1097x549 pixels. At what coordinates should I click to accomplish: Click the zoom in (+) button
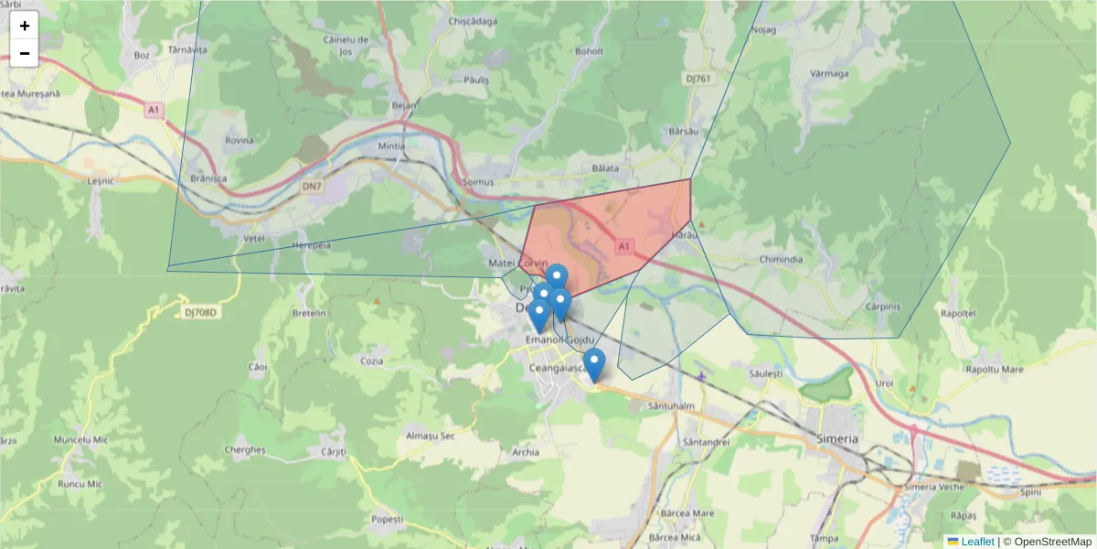click(25, 26)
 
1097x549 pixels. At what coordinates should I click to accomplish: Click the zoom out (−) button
click(25, 53)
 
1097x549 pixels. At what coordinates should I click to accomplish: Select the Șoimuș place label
click(478, 182)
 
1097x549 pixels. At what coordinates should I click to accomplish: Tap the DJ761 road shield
click(698, 79)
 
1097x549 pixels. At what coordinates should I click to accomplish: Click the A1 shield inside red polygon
click(623, 246)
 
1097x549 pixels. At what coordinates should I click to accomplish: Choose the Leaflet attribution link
click(977, 542)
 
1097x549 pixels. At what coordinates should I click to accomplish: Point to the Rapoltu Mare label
click(994, 370)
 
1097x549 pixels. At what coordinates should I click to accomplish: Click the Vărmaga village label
click(829, 73)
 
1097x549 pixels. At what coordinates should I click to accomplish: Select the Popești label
click(388, 519)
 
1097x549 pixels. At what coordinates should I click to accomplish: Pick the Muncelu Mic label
click(80, 440)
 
